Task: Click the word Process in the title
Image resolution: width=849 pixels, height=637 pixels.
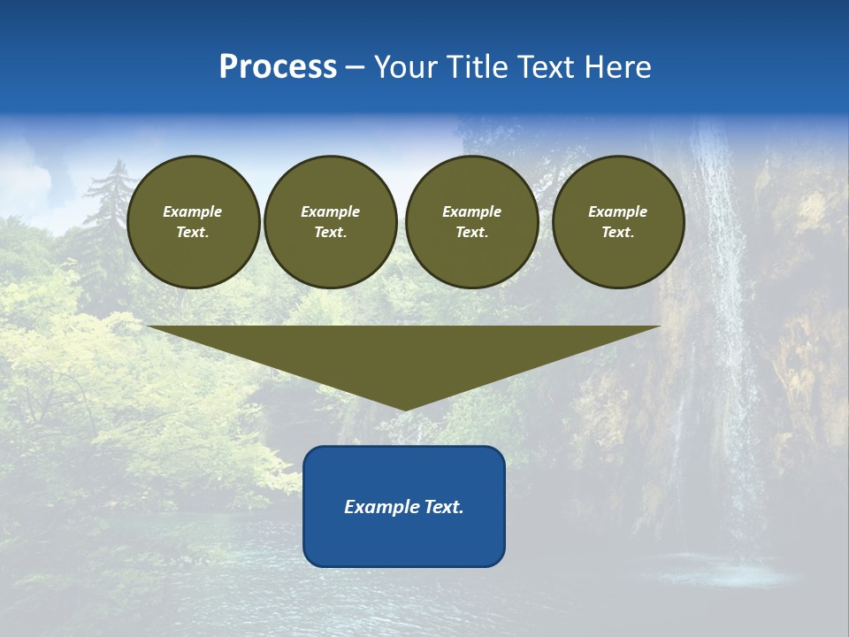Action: coord(278,67)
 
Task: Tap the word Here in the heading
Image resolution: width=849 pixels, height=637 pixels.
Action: coord(616,67)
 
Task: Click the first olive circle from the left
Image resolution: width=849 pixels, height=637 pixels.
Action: coord(193,222)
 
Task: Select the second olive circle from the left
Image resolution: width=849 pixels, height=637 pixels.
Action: coord(331,222)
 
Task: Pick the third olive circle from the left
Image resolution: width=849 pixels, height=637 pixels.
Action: coord(471,222)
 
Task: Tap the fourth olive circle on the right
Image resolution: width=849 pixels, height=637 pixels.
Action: coord(618,222)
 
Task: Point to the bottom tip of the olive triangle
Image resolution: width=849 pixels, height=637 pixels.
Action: coord(405,409)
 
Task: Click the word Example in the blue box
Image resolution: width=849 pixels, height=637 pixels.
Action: coord(382,507)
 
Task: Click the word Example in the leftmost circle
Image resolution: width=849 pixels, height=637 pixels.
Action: coord(193,211)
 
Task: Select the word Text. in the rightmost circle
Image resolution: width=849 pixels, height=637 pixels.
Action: coord(618,233)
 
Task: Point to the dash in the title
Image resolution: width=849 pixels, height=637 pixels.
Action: coord(355,67)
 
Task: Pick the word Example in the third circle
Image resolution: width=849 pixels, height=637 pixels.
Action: coord(471,211)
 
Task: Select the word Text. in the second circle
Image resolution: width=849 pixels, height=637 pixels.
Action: coord(331,233)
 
